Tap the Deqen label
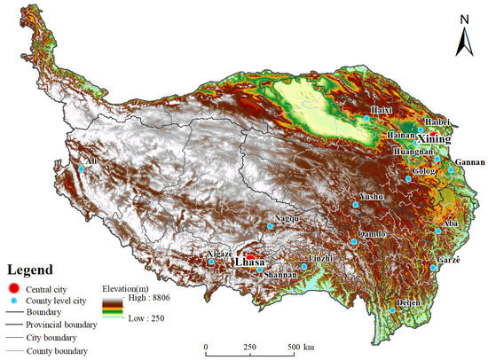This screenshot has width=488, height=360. point(405,301)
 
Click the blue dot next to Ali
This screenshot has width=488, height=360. point(80,168)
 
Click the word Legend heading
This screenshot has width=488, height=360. point(31,270)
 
